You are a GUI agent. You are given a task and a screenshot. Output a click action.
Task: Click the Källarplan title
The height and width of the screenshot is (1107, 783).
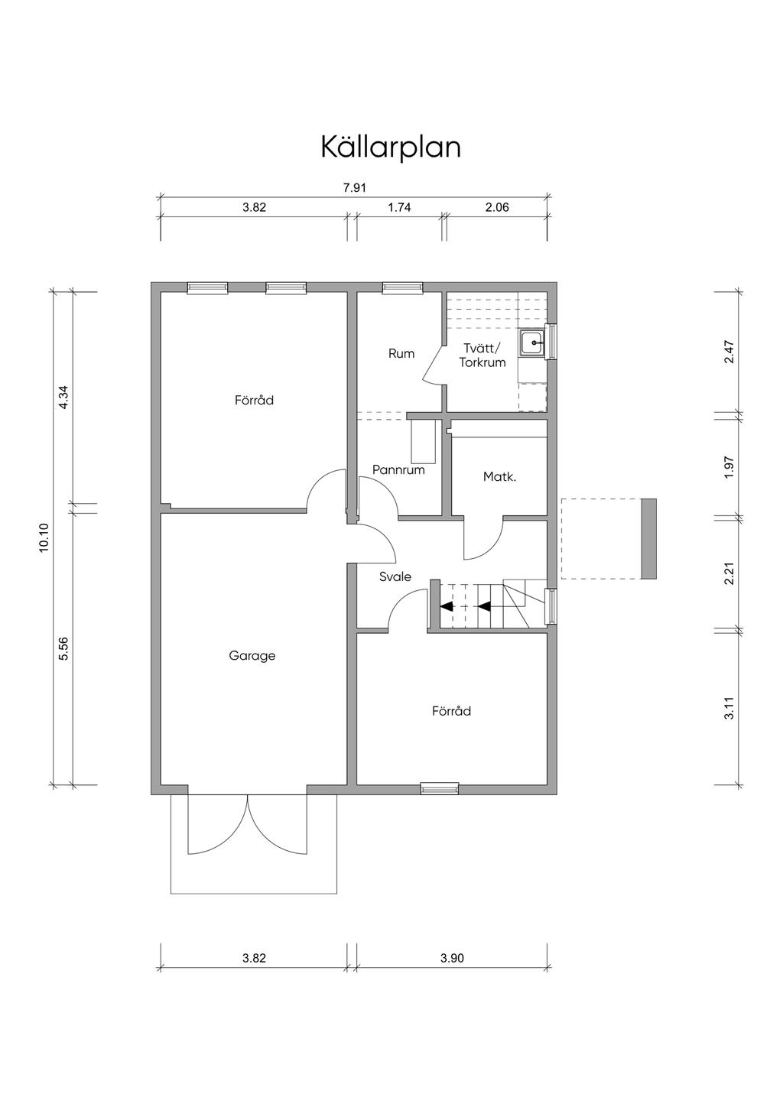tap(391, 147)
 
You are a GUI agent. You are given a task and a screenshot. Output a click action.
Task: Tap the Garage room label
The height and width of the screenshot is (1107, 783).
tap(252, 656)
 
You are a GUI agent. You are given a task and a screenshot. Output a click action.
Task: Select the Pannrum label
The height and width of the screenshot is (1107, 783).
tap(398, 469)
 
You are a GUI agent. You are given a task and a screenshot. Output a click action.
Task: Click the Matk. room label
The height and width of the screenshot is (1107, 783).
tap(500, 477)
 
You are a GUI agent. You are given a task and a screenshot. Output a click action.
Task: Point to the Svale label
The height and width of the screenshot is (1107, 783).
tap(395, 576)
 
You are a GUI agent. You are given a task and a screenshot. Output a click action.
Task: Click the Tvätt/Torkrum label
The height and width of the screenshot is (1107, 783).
tap(482, 355)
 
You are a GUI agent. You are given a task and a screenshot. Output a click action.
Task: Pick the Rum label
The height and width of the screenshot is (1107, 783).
tap(401, 353)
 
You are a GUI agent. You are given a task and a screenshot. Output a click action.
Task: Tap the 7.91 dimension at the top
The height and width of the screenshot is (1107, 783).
tap(355, 188)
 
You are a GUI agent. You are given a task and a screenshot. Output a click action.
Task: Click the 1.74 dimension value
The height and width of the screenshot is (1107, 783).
tap(399, 208)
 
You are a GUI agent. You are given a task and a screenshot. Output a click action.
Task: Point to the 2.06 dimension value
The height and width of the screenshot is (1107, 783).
tap(497, 208)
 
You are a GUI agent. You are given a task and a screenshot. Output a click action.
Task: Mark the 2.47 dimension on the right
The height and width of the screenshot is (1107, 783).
tap(729, 352)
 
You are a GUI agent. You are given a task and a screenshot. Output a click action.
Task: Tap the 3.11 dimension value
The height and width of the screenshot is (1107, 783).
tap(729, 708)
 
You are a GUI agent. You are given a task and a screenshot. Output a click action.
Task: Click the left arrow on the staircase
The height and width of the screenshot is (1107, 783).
tap(447, 606)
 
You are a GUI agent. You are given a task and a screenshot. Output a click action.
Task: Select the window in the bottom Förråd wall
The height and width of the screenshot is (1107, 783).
tap(440, 788)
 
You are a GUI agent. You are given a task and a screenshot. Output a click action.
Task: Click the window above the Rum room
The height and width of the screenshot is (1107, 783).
tap(403, 287)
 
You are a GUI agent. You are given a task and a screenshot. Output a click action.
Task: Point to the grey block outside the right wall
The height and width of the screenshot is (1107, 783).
tap(648, 539)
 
